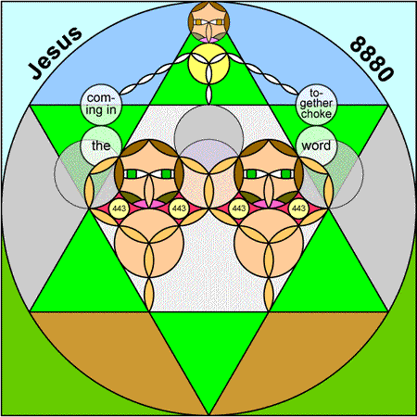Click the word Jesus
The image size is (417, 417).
coord(55,53)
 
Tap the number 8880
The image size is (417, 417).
coord(372,58)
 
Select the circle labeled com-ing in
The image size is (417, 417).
coord(101,105)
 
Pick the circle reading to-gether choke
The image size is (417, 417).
coord(316,105)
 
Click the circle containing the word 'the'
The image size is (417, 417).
coord(101,145)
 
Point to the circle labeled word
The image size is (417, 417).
coord(316,145)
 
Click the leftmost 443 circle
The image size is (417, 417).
coord(120,208)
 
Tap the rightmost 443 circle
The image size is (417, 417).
coord(298,208)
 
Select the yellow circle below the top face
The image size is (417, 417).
coord(208,64)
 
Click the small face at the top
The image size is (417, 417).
coord(208,21)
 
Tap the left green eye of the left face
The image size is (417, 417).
coord(132,174)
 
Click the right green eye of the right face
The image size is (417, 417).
coord(286,174)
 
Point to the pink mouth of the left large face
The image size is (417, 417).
coord(149,204)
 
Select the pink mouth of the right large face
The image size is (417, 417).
coord(269,204)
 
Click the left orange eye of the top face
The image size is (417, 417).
coord(199,22)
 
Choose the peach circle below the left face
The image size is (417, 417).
coord(149,243)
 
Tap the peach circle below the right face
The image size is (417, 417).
coord(269,243)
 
